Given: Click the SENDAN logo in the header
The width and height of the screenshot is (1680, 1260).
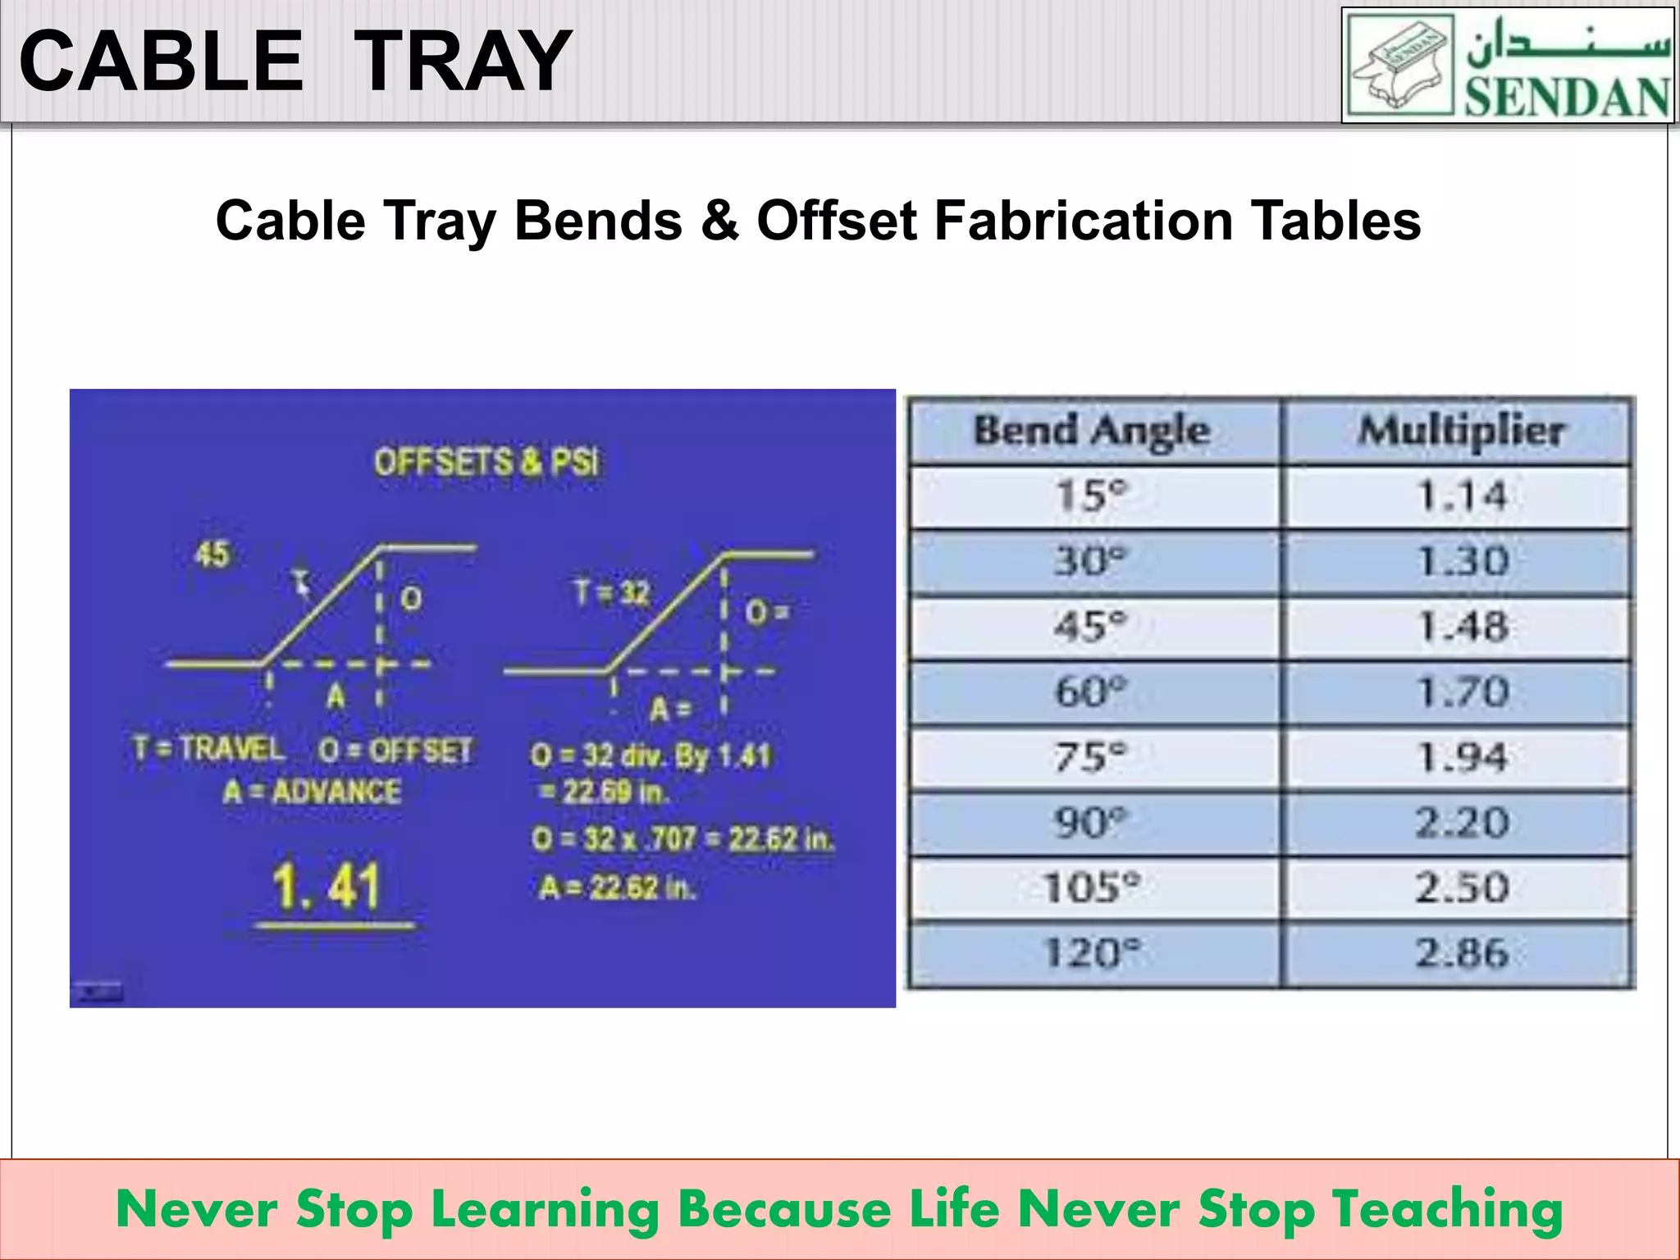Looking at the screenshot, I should (x=1508, y=66).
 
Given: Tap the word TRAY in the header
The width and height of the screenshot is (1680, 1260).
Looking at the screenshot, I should (x=463, y=62).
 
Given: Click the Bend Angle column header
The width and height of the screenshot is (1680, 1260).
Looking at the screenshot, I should (x=1092, y=431).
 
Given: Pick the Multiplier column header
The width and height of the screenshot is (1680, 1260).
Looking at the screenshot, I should (x=1461, y=431).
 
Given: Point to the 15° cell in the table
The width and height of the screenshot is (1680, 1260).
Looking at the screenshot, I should (x=1092, y=496).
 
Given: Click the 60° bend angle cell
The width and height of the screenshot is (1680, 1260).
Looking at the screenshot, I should (x=1092, y=692).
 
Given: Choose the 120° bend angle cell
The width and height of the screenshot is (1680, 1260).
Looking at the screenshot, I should (x=1092, y=953).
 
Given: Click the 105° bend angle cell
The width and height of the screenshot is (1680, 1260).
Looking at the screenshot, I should (x=1092, y=888).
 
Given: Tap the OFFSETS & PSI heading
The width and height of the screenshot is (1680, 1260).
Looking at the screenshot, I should (x=486, y=463).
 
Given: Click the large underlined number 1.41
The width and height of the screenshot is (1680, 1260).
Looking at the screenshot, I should (x=326, y=887).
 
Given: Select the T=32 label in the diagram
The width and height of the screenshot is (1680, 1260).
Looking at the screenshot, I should (x=612, y=592).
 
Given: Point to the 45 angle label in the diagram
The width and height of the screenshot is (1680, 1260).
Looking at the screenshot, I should (x=212, y=555).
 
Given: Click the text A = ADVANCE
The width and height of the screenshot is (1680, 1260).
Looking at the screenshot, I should (x=313, y=792).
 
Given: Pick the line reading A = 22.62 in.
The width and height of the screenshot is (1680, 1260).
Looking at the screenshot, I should (x=618, y=888).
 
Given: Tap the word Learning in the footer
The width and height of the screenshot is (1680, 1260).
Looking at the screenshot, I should (x=546, y=1210).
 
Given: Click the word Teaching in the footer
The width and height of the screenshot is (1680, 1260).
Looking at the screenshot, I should (x=1447, y=1210).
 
